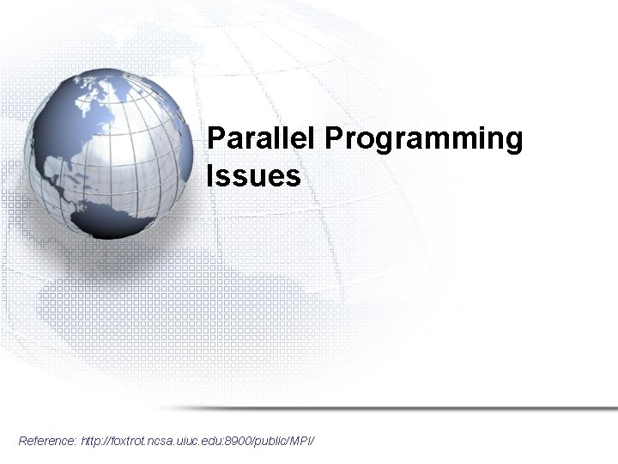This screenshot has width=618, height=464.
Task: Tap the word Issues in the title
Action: click(x=253, y=176)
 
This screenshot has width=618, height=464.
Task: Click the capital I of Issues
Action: click(x=210, y=176)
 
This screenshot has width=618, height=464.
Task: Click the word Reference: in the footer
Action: click(x=47, y=441)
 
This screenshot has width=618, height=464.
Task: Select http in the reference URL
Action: click(x=91, y=441)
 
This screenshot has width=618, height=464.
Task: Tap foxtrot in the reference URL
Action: click(x=129, y=441)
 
